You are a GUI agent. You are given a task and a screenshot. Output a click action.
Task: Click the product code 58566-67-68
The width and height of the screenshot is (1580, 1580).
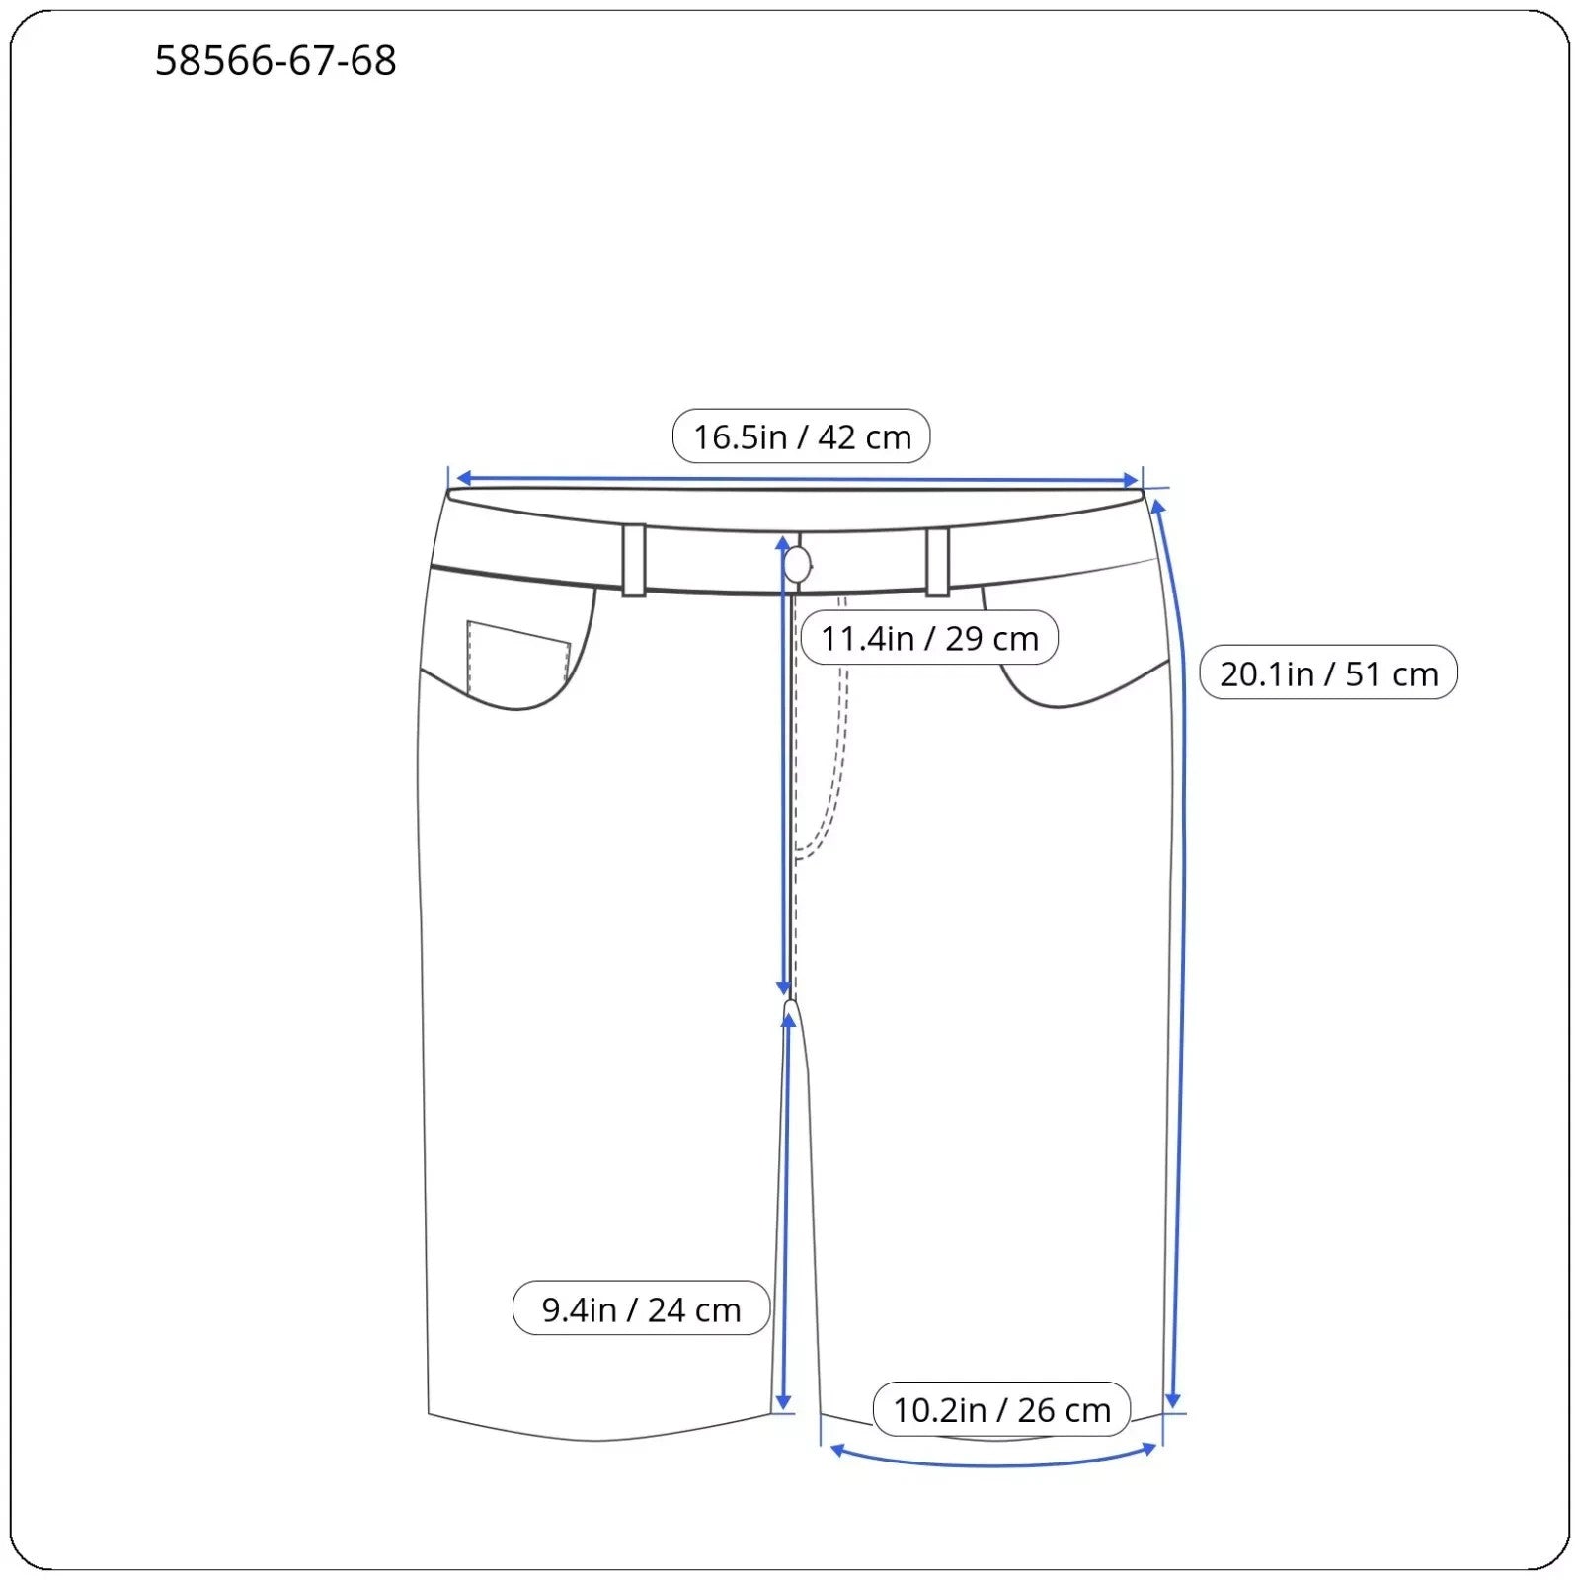point(276,61)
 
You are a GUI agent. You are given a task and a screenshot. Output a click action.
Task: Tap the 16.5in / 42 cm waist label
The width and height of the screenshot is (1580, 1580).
point(801,436)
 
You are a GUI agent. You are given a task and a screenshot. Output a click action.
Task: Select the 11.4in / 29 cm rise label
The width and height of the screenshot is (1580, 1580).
point(929,638)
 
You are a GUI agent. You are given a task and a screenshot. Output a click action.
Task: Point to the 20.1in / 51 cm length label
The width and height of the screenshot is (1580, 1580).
point(1328,672)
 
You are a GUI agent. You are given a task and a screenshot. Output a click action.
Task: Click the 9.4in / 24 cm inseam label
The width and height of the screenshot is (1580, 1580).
point(641,1308)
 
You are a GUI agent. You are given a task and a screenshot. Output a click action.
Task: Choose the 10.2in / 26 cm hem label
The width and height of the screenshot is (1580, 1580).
point(1001,1409)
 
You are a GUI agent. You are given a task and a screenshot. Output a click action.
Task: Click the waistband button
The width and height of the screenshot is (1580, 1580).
point(798,565)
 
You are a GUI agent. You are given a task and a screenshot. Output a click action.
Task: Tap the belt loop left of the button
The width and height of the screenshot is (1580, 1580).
point(634,560)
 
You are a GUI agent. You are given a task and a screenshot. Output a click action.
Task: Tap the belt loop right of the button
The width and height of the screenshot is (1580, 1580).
point(937,562)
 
